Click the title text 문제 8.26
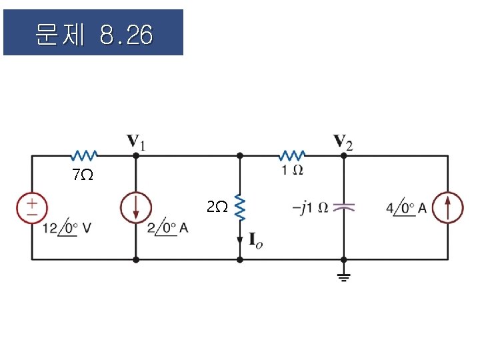point(93,34)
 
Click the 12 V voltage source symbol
point(32,207)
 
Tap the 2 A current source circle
point(135,207)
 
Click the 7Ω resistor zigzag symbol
point(85,155)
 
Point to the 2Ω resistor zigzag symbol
point(240,209)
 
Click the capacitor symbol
point(343,207)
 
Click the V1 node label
point(138,141)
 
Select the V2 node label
point(344,141)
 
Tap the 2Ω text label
point(217,207)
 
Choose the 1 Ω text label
point(292,171)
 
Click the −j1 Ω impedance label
point(310,207)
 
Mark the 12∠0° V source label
point(67,228)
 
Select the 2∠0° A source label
point(167,228)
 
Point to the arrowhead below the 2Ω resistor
point(240,239)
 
